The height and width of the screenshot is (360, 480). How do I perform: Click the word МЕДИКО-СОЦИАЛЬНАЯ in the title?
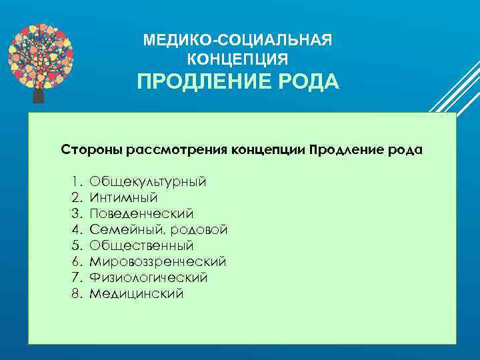tap(237, 41)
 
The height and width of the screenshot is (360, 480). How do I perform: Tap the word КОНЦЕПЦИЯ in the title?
tap(238, 59)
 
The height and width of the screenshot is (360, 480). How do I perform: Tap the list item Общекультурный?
tap(147, 181)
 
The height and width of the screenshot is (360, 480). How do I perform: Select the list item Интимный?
tap(123, 197)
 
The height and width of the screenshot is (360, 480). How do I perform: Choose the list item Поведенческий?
tap(141, 213)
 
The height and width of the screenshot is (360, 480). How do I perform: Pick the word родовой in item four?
tap(199, 229)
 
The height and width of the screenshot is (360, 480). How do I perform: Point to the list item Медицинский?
tap(136, 293)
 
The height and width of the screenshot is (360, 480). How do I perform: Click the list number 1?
tap(75, 181)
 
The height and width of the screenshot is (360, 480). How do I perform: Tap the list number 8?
tap(75, 293)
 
